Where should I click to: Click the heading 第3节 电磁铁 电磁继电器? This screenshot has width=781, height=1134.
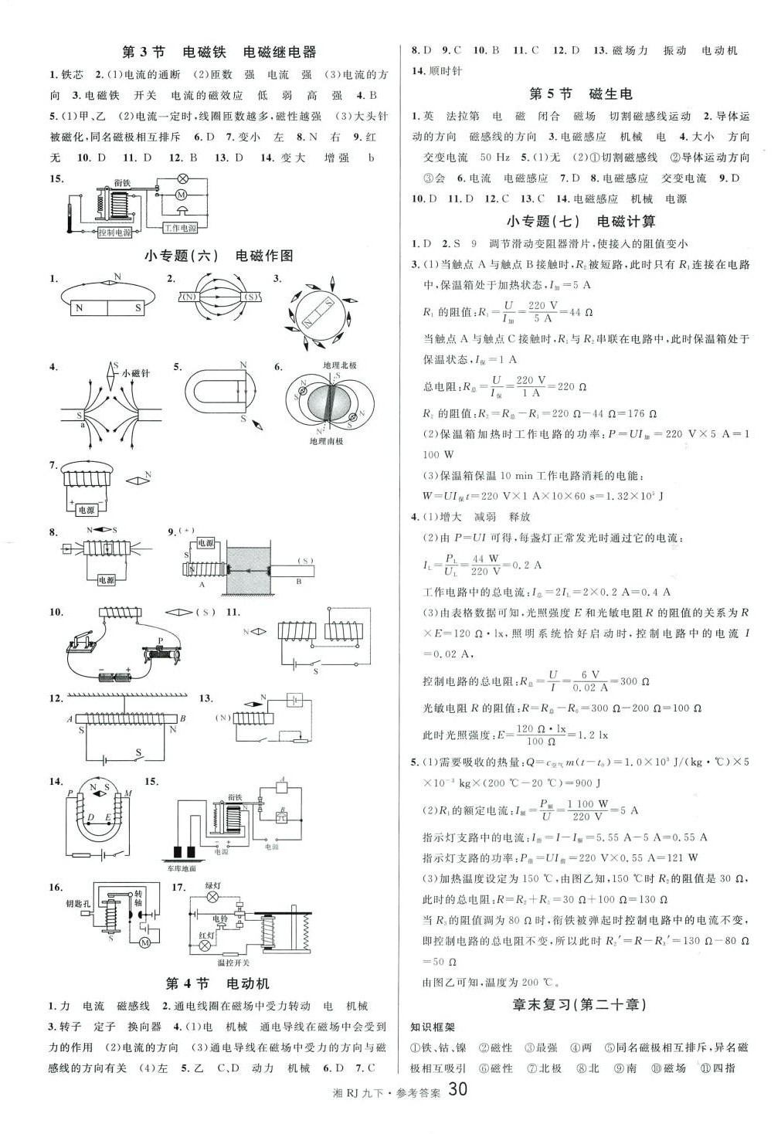coord(219,53)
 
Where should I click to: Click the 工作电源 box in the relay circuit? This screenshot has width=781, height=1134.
coord(180,228)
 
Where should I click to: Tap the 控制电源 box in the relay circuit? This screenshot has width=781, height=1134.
coord(114,232)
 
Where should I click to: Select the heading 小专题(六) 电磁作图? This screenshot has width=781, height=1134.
coord(219,256)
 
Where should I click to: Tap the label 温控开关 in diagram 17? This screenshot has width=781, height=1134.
coord(233,963)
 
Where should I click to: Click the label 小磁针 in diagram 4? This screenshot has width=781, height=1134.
coord(136,373)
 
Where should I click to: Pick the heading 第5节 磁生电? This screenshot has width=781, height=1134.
coord(580,94)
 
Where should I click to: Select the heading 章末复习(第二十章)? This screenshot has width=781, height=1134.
coord(579,1005)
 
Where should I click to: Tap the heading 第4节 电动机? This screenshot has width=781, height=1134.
coord(218,984)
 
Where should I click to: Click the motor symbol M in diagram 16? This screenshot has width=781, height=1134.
coord(144,943)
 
